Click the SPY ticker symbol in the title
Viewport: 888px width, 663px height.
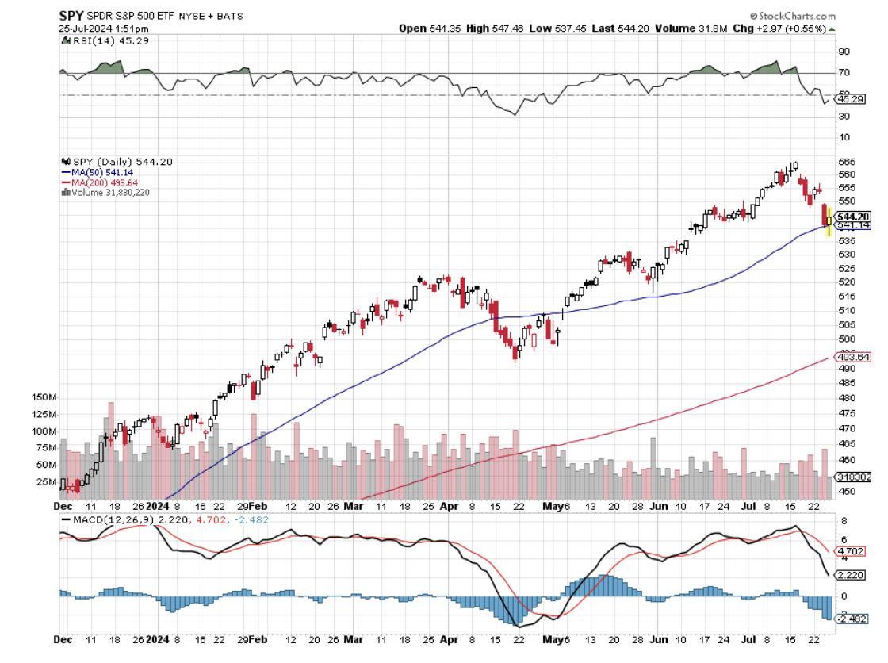pyautogui.click(x=71, y=15)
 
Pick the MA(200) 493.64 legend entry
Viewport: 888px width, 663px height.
pyautogui.click(x=95, y=182)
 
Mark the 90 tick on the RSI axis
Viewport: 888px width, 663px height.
pyautogui.click(x=844, y=52)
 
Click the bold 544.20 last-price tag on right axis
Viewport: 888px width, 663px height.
pyautogui.click(x=854, y=217)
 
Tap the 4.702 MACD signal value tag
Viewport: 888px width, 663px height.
pyautogui.click(x=855, y=550)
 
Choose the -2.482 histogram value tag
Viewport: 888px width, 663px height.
pyautogui.click(x=854, y=619)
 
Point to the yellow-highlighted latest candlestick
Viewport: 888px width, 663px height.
pyautogui.click(x=829, y=221)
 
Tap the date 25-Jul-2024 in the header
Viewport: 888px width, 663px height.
pyautogui.click(x=87, y=29)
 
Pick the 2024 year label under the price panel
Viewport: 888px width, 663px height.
pyautogui.click(x=158, y=505)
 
